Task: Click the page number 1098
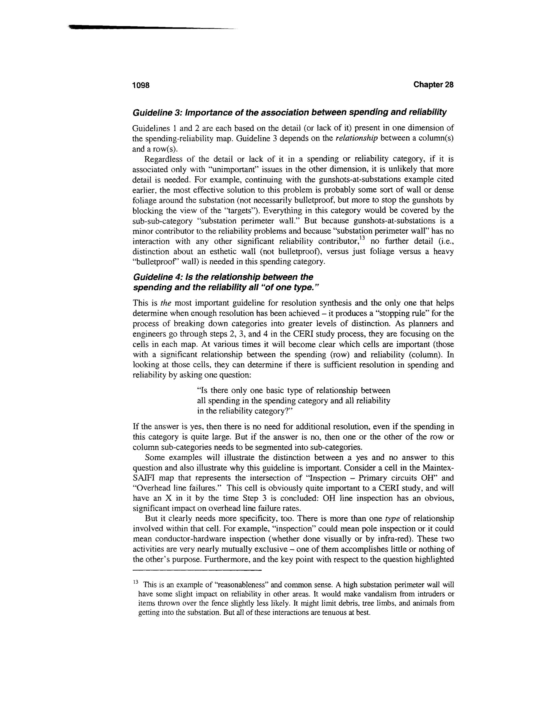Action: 141,85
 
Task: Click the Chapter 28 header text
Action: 433,85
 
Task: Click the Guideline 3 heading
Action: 290,112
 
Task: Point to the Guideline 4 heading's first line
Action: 223,277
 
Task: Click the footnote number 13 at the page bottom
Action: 135,582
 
